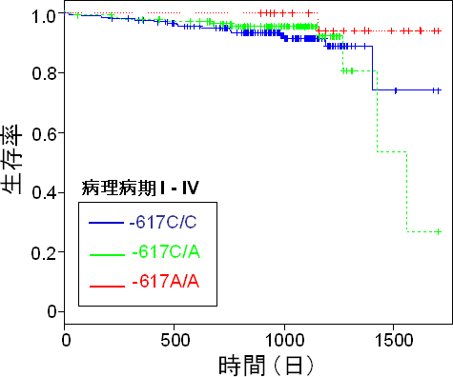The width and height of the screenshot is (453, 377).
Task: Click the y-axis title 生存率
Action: point(17,163)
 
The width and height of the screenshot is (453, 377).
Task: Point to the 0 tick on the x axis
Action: point(65,338)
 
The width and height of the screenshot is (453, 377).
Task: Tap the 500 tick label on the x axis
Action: point(174,338)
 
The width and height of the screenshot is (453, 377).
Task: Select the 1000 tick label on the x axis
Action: point(282,338)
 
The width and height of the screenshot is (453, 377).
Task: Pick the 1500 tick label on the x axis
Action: point(391,338)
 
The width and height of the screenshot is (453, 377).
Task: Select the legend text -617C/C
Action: point(160,225)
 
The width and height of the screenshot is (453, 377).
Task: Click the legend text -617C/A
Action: point(160,253)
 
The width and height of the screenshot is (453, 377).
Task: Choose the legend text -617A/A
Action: point(160,283)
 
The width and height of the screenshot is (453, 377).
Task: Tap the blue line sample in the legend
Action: point(103,225)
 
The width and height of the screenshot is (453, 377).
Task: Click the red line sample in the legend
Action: point(103,283)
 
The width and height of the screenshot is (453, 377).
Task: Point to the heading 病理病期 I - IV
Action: point(139,188)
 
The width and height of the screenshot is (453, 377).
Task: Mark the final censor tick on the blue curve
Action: point(436,90)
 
